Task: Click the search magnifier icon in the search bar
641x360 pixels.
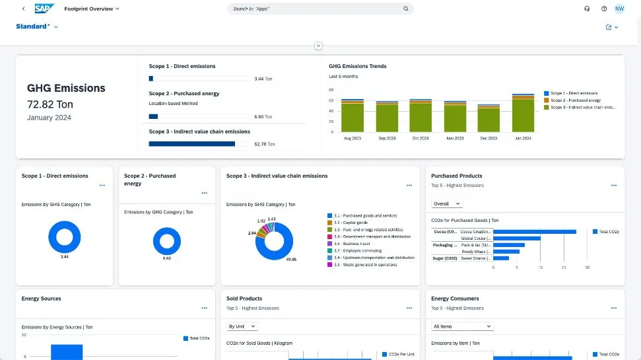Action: (406, 9)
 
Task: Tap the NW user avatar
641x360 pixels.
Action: (619, 9)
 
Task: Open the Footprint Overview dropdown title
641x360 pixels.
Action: (92, 9)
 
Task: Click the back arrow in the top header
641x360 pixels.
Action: (24, 9)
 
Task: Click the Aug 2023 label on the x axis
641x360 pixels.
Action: (352, 138)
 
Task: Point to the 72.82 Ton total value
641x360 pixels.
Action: (50, 104)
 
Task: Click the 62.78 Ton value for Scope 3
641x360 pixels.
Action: (264, 143)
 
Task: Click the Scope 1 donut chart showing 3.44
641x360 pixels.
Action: (65, 236)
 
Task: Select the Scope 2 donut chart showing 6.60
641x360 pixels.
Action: (166, 240)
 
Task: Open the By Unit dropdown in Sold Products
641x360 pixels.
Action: (242, 326)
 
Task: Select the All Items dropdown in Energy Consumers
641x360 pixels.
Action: (462, 326)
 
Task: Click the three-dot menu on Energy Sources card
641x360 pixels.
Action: (204, 308)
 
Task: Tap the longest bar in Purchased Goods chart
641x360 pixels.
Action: (534, 232)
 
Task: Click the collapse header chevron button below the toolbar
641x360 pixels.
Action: (319, 46)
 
